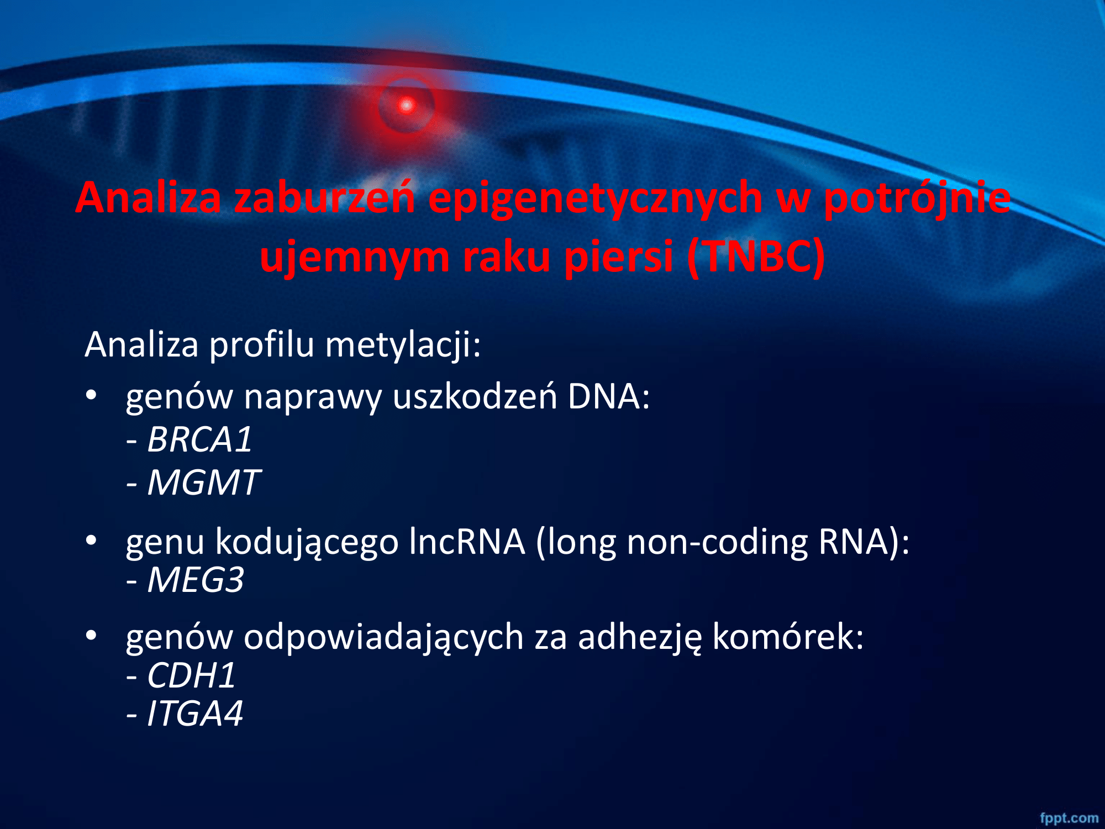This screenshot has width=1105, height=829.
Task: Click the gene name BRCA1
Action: (199, 440)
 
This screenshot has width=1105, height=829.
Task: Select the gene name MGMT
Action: (203, 482)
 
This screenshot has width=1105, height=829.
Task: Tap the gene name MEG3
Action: (196, 580)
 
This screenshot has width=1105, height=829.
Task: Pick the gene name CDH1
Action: (191, 675)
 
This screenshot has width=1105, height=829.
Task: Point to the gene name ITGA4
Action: (194, 713)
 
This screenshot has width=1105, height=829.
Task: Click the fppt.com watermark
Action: (1069, 818)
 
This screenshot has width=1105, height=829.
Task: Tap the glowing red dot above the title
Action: (407, 105)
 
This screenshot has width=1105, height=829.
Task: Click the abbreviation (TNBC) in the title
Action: (756, 257)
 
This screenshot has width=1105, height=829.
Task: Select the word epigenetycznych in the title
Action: (595, 198)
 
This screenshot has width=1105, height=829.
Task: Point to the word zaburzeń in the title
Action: (324, 198)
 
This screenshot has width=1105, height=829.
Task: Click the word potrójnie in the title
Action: (917, 198)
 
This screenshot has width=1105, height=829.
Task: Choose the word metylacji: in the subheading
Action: (403, 345)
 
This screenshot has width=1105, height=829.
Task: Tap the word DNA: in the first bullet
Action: (609, 397)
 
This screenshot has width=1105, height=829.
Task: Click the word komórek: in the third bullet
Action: (788, 637)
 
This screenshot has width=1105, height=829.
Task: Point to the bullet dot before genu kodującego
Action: (91, 540)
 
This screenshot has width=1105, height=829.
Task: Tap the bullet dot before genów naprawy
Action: (91, 395)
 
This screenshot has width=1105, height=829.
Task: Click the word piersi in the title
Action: (619, 257)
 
